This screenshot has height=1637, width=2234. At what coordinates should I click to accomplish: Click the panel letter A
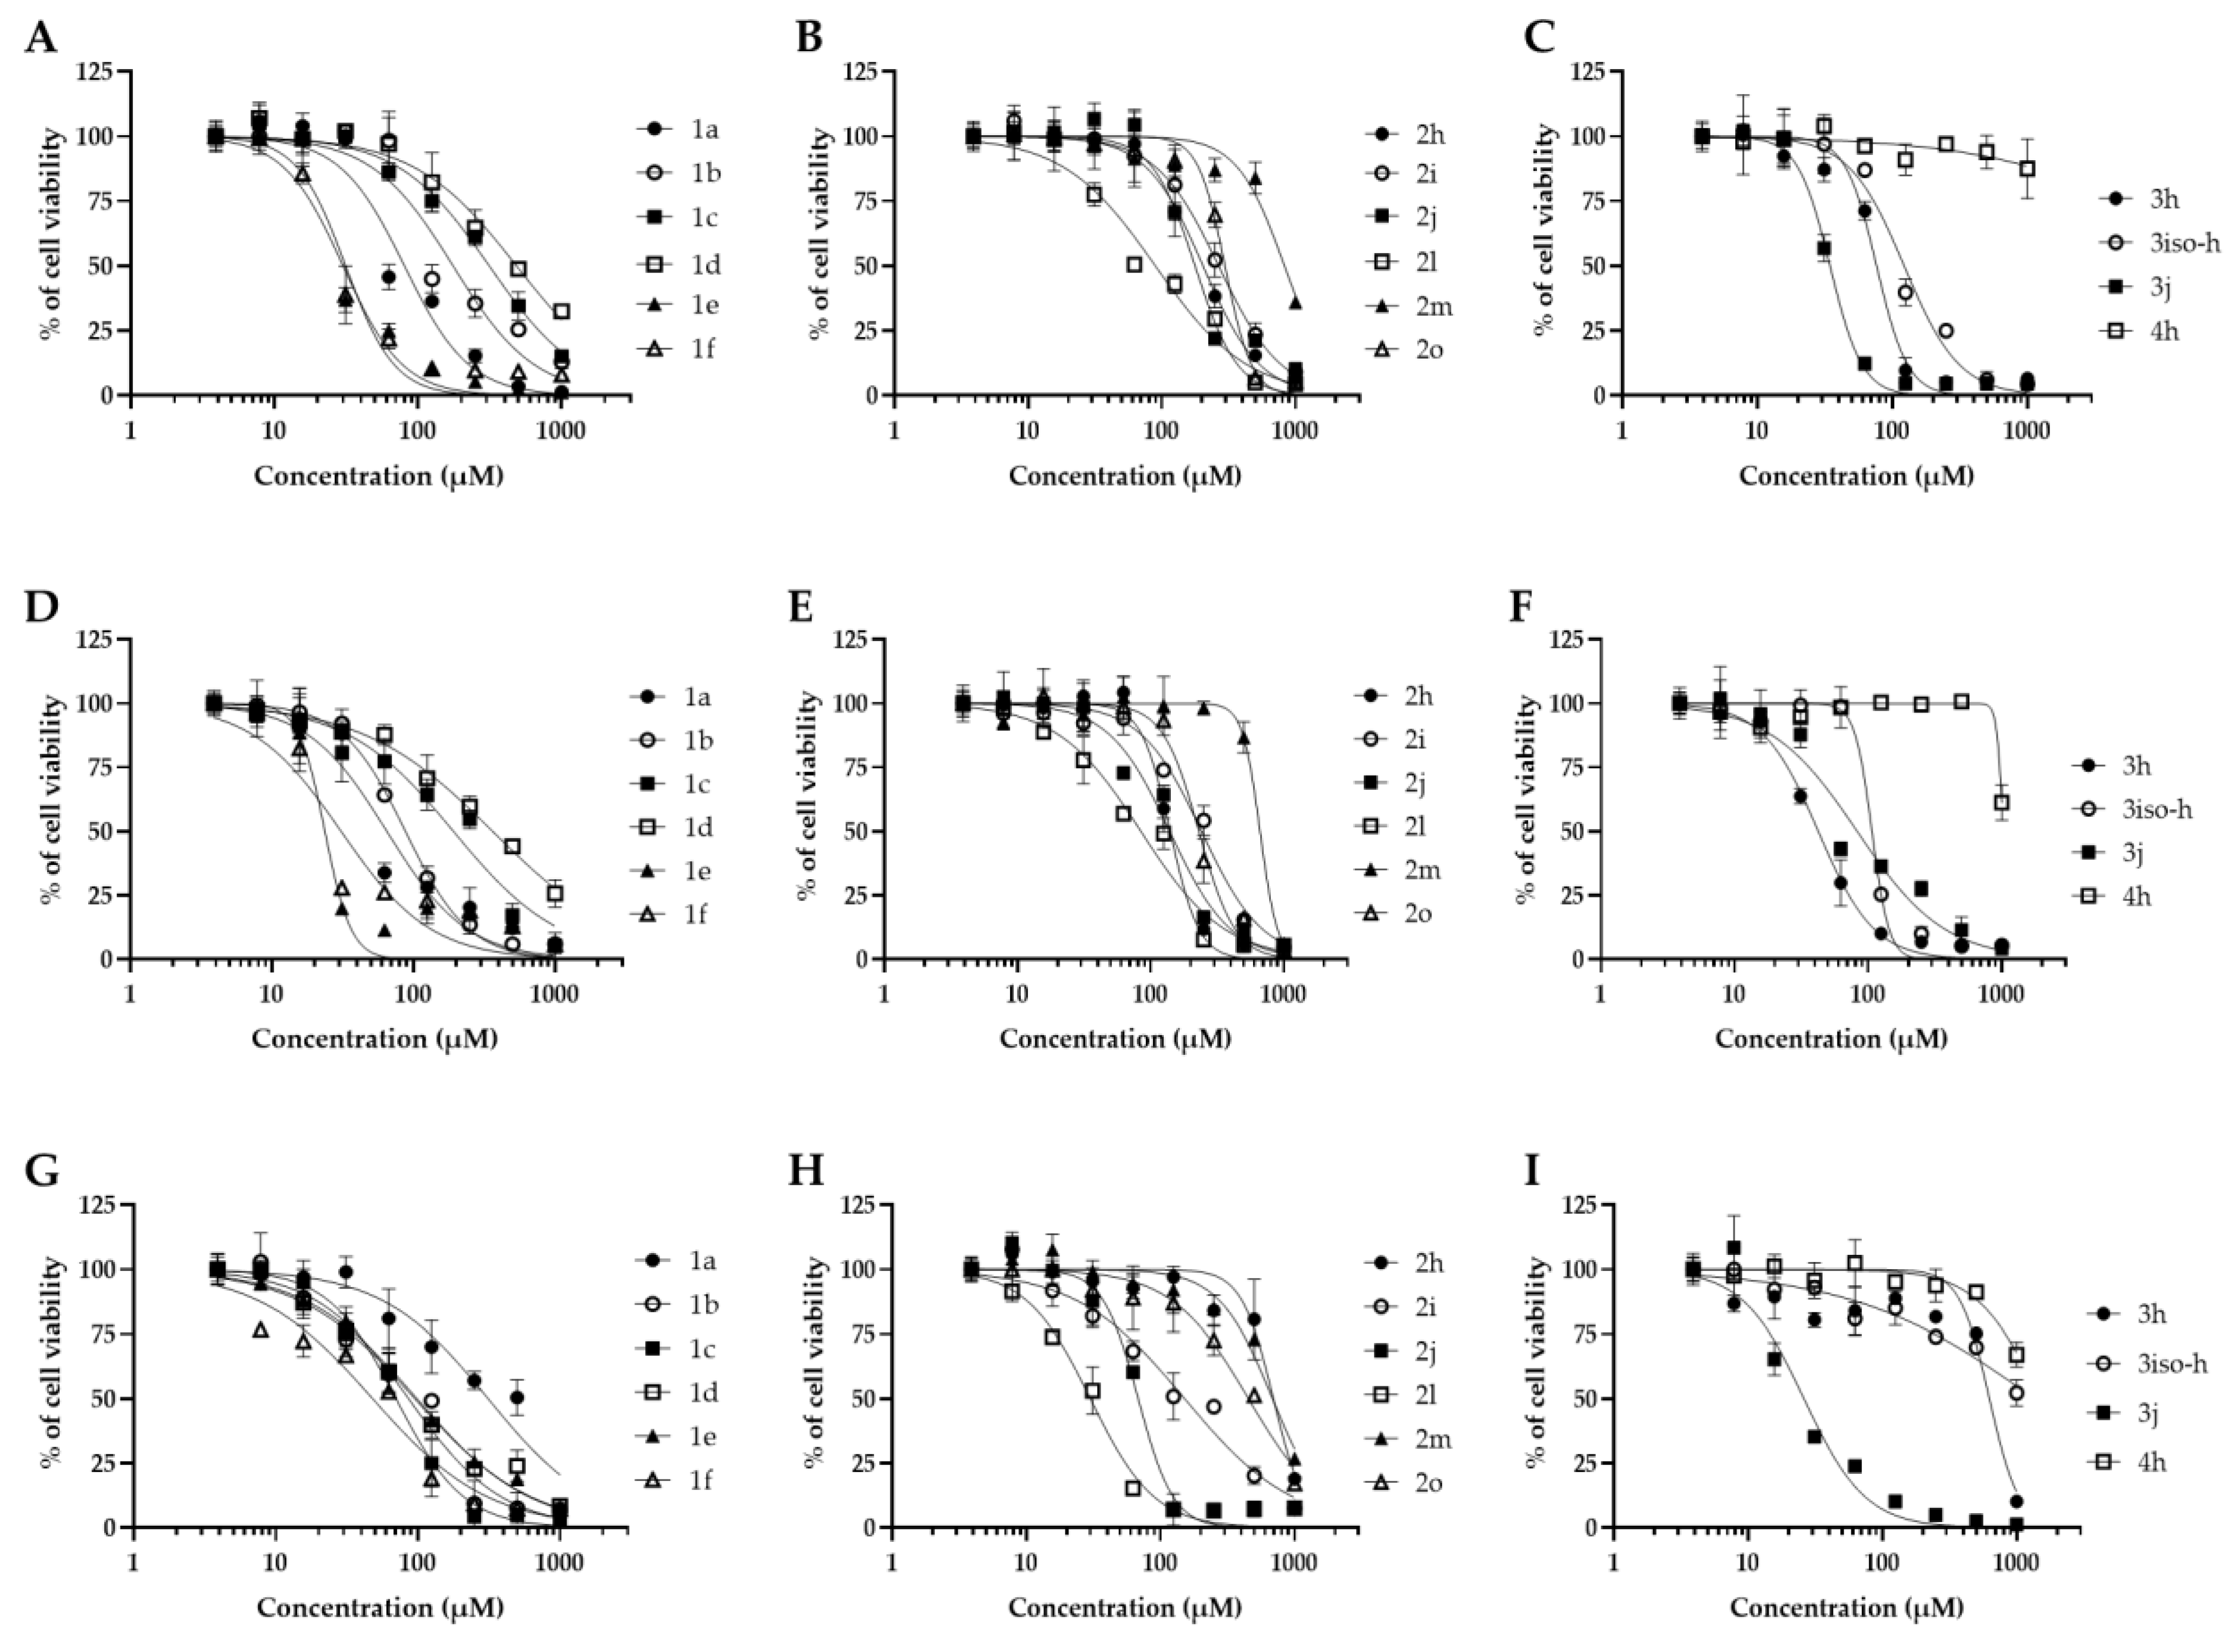40,38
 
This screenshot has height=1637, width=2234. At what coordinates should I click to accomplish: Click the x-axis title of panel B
1124,476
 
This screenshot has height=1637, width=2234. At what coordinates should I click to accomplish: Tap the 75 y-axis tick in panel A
97,201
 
